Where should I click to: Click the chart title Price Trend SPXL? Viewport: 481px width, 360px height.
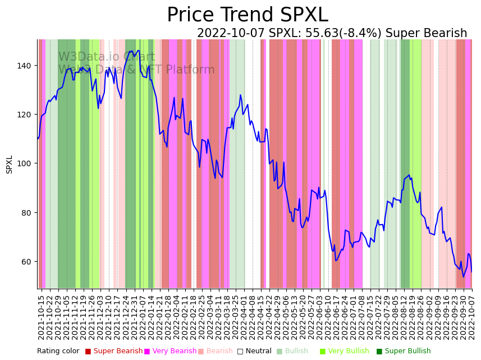coord(247,15)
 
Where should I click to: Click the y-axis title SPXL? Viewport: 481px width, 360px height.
coord(10,164)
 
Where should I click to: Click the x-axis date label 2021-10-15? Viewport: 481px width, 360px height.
coord(41,315)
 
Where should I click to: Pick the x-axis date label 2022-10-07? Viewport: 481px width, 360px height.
coord(472,315)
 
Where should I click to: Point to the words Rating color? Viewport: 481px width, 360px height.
coord(58,351)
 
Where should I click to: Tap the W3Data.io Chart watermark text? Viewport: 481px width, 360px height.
coord(107,57)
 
